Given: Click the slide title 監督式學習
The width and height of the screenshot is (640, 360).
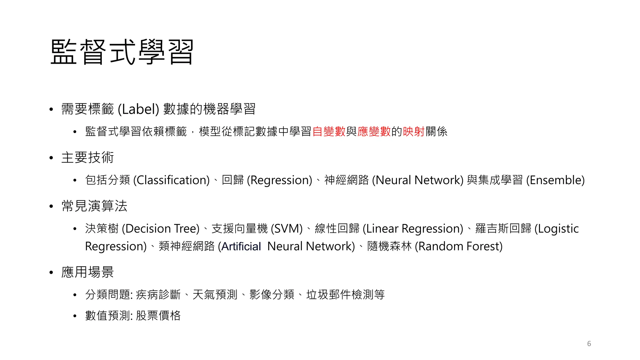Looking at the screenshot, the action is (x=122, y=52).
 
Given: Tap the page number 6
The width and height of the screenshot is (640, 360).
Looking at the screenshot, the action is (x=589, y=343).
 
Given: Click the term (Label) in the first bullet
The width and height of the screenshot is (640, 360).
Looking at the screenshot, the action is (x=138, y=109).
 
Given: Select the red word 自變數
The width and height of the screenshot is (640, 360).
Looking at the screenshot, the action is (x=329, y=132).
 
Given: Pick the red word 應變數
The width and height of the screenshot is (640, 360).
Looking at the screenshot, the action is (x=374, y=132).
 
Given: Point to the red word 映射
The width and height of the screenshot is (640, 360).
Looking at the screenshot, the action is (x=414, y=132).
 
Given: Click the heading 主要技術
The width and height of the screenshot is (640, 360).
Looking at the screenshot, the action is (x=87, y=157).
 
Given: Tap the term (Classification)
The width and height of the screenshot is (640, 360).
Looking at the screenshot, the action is (x=171, y=180).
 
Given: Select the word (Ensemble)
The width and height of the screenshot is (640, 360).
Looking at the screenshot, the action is (x=555, y=180).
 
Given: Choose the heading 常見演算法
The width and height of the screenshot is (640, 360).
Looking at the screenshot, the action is (x=94, y=206).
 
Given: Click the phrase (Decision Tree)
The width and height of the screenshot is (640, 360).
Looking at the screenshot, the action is (x=161, y=229).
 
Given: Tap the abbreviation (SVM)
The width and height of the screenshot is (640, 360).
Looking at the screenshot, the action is (x=287, y=229).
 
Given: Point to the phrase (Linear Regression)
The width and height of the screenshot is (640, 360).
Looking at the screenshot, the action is (x=413, y=229).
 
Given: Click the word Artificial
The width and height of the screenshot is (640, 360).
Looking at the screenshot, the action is (x=241, y=247).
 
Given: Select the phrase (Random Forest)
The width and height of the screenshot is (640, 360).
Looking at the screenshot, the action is (x=458, y=247).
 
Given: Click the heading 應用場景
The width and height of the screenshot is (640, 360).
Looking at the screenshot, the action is (x=87, y=272).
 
